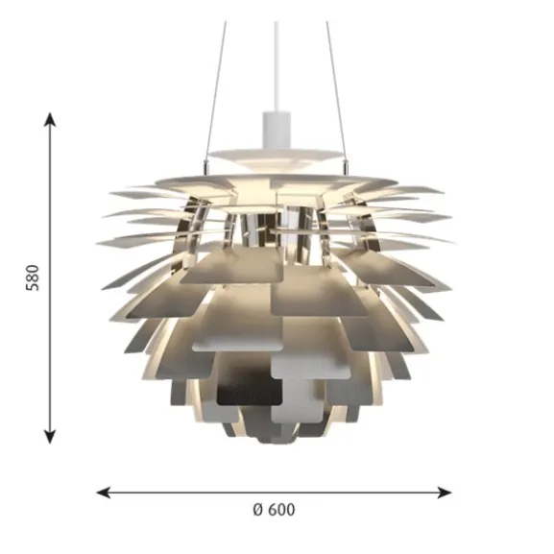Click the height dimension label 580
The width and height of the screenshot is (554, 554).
[x=33, y=277]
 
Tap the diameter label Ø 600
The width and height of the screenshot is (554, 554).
[x=274, y=510]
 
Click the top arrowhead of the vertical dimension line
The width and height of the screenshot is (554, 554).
[x=50, y=120]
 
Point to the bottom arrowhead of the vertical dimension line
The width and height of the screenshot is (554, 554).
[x=50, y=437]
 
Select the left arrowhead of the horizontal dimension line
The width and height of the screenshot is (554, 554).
[x=104, y=493]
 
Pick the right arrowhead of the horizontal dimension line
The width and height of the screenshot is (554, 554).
[x=445, y=493]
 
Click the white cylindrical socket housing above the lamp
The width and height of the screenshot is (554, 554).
[x=277, y=130]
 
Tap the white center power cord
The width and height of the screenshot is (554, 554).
[x=277, y=66]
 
